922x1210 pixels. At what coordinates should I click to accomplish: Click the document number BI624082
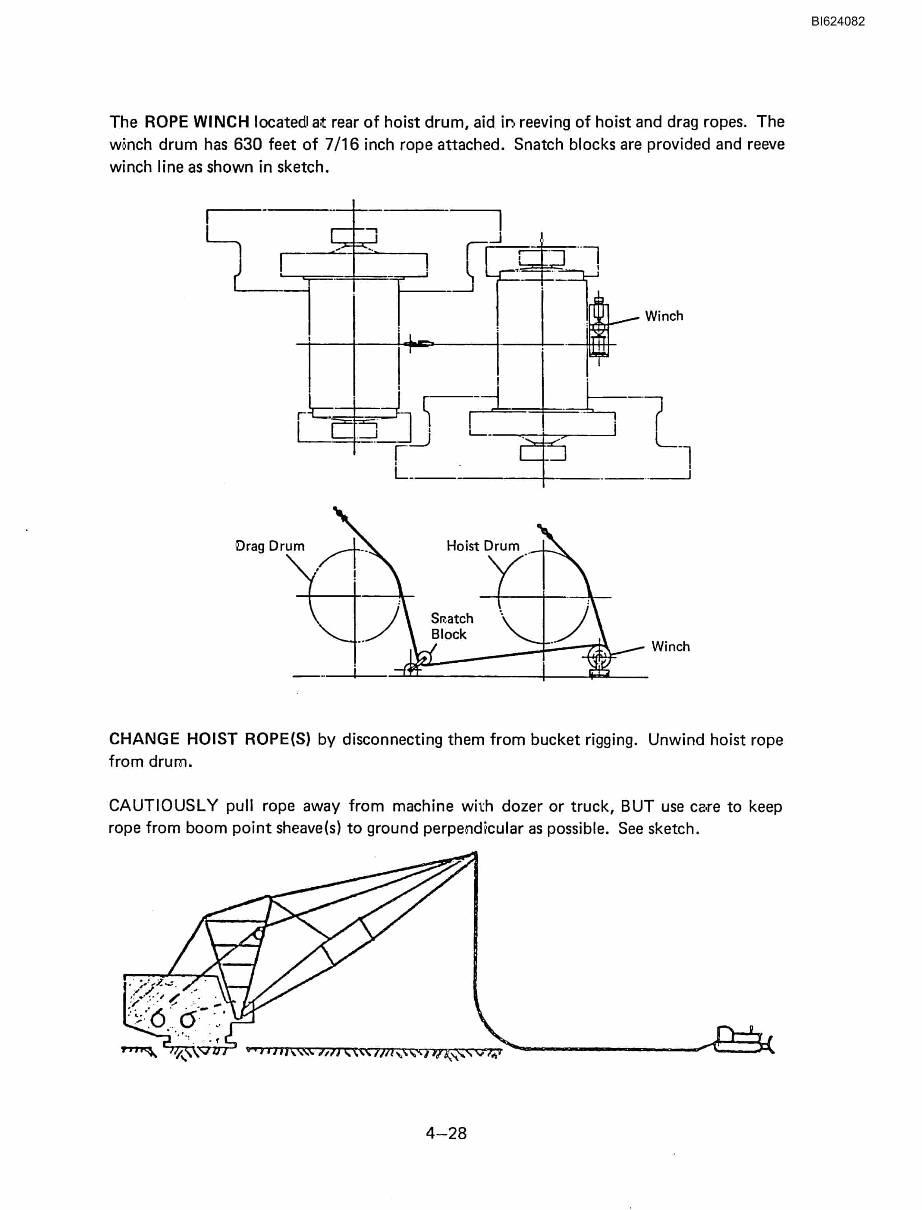[x=838, y=22]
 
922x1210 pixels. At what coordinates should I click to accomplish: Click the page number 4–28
[x=446, y=1133]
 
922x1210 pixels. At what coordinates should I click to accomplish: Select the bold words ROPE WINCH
[x=197, y=122]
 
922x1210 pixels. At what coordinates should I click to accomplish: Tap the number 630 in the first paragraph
[x=248, y=144]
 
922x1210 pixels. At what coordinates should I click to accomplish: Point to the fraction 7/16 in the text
[x=342, y=144]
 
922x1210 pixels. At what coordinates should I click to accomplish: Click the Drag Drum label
[x=270, y=546]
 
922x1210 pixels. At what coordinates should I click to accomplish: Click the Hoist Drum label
[x=483, y=546]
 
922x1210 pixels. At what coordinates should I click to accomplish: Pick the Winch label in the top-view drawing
[x=664, y=316]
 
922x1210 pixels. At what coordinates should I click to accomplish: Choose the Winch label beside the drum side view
[x=671, y=647]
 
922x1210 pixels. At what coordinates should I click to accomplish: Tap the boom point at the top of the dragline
[x=474, y=855]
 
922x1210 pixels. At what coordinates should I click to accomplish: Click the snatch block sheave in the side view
[x=424, y=658]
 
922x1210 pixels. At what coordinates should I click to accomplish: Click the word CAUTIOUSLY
[x=163, y=806]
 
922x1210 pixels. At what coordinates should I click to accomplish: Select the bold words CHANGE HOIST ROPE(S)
[x=210, y=739]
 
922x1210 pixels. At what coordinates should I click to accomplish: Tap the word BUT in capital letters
[x=637, y=806]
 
